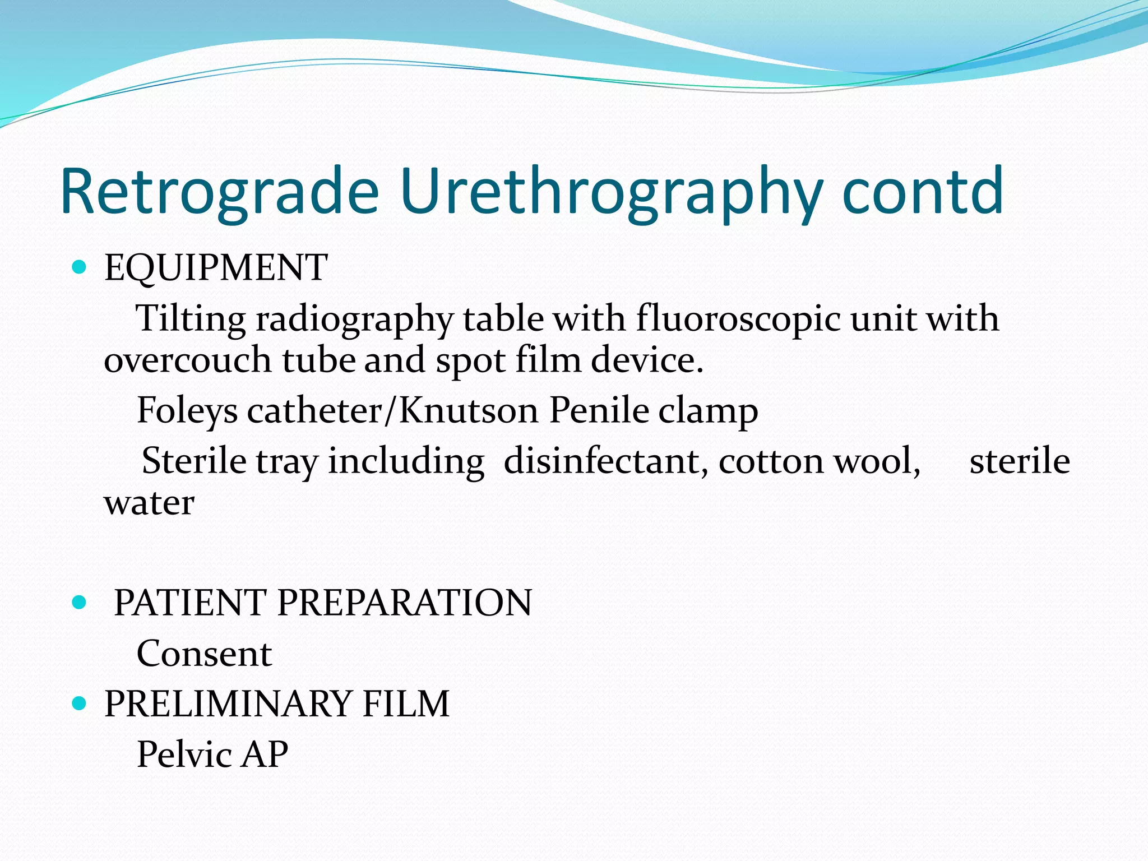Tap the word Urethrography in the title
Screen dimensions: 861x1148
(612, 192)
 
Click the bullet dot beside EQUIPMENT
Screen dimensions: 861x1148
(80, 267)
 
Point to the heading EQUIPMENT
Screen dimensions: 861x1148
(216, 267)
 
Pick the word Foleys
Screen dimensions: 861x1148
(187, 411)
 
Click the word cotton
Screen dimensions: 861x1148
(771, 461)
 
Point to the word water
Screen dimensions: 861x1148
(149, 503)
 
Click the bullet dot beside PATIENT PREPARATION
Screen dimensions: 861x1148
(80, 603)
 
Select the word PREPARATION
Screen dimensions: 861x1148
(404, 603)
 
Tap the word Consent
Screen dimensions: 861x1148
(204, 654)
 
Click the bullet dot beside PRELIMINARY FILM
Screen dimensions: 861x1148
(80, 703)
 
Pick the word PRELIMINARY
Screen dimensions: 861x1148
(227, 703)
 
